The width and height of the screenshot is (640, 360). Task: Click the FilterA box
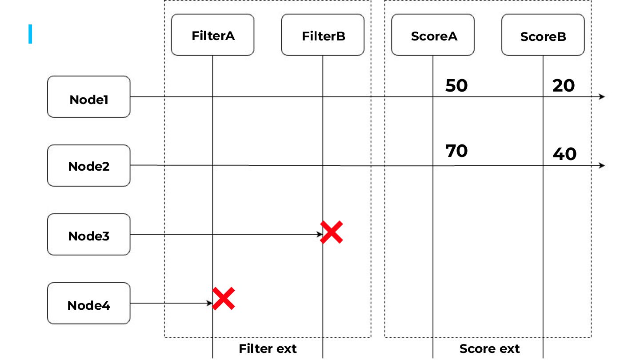pos(212,35)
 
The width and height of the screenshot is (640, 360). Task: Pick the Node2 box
pos(89,165)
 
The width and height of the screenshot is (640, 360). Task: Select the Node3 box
pos(89,235)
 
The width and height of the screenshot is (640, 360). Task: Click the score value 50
pos(456,86)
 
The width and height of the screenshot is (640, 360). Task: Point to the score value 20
pos(564,86)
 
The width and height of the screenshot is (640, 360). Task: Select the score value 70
pos(456,151)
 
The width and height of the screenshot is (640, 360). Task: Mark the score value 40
pos(564,154)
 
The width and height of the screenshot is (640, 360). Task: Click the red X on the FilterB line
pos(332,232)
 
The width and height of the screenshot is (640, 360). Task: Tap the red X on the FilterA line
pos(224,299)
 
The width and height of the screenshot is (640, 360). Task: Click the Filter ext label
pos(268,349)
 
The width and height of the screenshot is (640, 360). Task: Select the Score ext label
pos(489,349)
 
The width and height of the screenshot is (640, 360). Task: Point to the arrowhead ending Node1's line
pos(602,96)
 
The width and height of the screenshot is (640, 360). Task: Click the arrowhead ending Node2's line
pos(602,165)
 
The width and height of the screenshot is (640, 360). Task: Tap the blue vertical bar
pos(30,34)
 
